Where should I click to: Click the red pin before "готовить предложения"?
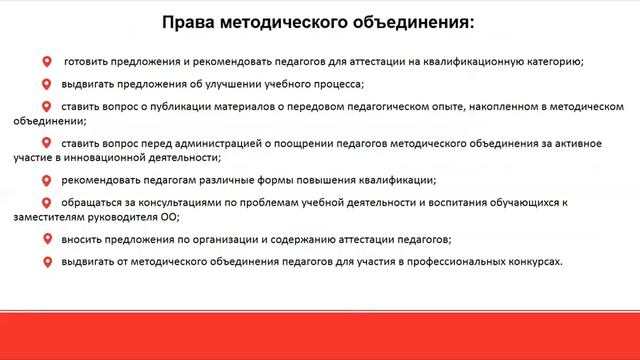[x=46, y=62]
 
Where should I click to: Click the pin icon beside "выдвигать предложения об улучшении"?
[x=46, y=83]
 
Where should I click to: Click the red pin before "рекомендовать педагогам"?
[x=46, y=180]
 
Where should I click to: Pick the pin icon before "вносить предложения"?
[x=46, y=240]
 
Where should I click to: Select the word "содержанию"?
[x=301, y=240]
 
